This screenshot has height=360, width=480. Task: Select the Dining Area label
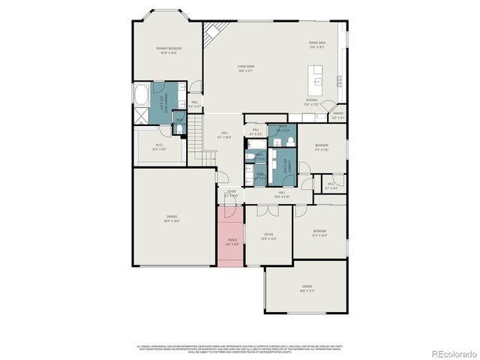pyautogui.click(x=316, y=44)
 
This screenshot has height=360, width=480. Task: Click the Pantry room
pyautogui.click(x=338, y=115)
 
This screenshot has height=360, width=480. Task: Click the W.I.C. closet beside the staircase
pyautogui.click(x=159, y=147)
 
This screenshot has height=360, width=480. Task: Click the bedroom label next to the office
pyautogui.click(x=319, y=232)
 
